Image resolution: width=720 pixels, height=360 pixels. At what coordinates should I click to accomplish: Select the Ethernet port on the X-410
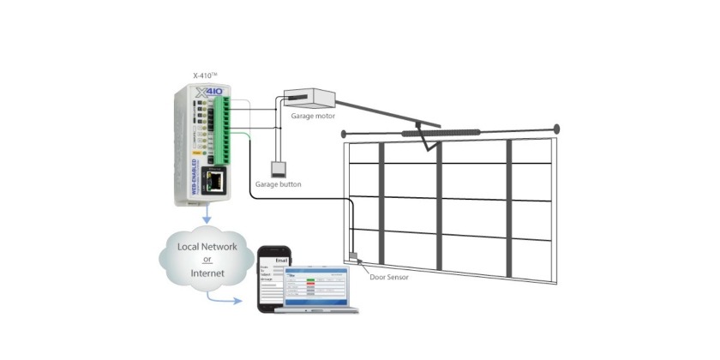[218, 180]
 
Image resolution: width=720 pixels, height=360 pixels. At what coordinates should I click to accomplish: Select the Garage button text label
[279, 184]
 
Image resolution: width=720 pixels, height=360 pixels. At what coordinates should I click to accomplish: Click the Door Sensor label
[388, 277]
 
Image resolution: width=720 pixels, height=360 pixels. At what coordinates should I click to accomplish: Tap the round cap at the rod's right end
[556, 129]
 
